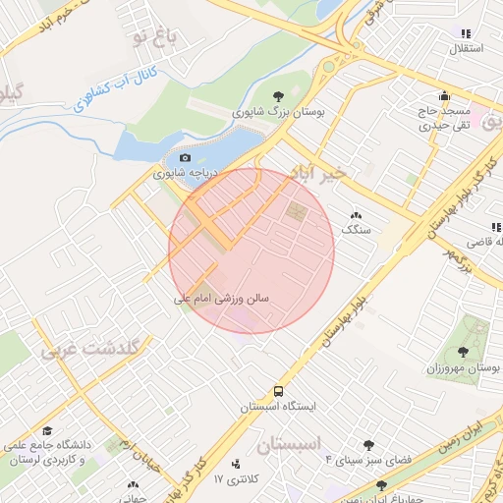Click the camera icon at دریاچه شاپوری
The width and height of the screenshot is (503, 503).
(185, 157)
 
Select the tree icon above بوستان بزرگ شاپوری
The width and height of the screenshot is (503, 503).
(279, 96)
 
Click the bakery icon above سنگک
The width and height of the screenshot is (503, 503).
(355, 214)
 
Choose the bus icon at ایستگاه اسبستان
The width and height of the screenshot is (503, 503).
(279, 390)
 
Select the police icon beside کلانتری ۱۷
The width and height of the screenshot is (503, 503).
(236, 464)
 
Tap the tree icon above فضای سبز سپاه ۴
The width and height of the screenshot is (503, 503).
(369, 444)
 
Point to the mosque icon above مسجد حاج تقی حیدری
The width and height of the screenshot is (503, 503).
(444, 96)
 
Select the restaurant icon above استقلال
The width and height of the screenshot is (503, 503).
(467, 32)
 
